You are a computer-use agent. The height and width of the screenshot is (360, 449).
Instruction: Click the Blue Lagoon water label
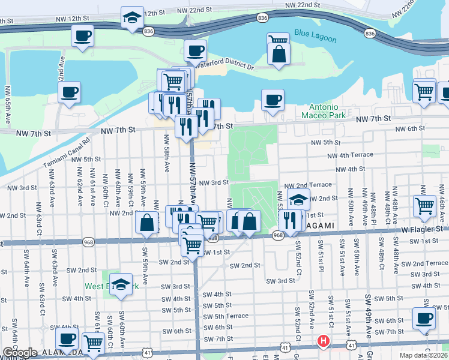[x=316, y=37]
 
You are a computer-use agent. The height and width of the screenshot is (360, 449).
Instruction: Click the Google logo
[x=20, y=353]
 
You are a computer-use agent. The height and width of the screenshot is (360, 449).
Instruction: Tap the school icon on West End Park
[x=122, y=286]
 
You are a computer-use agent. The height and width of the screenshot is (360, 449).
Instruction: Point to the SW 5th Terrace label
[x=226, y=316]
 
